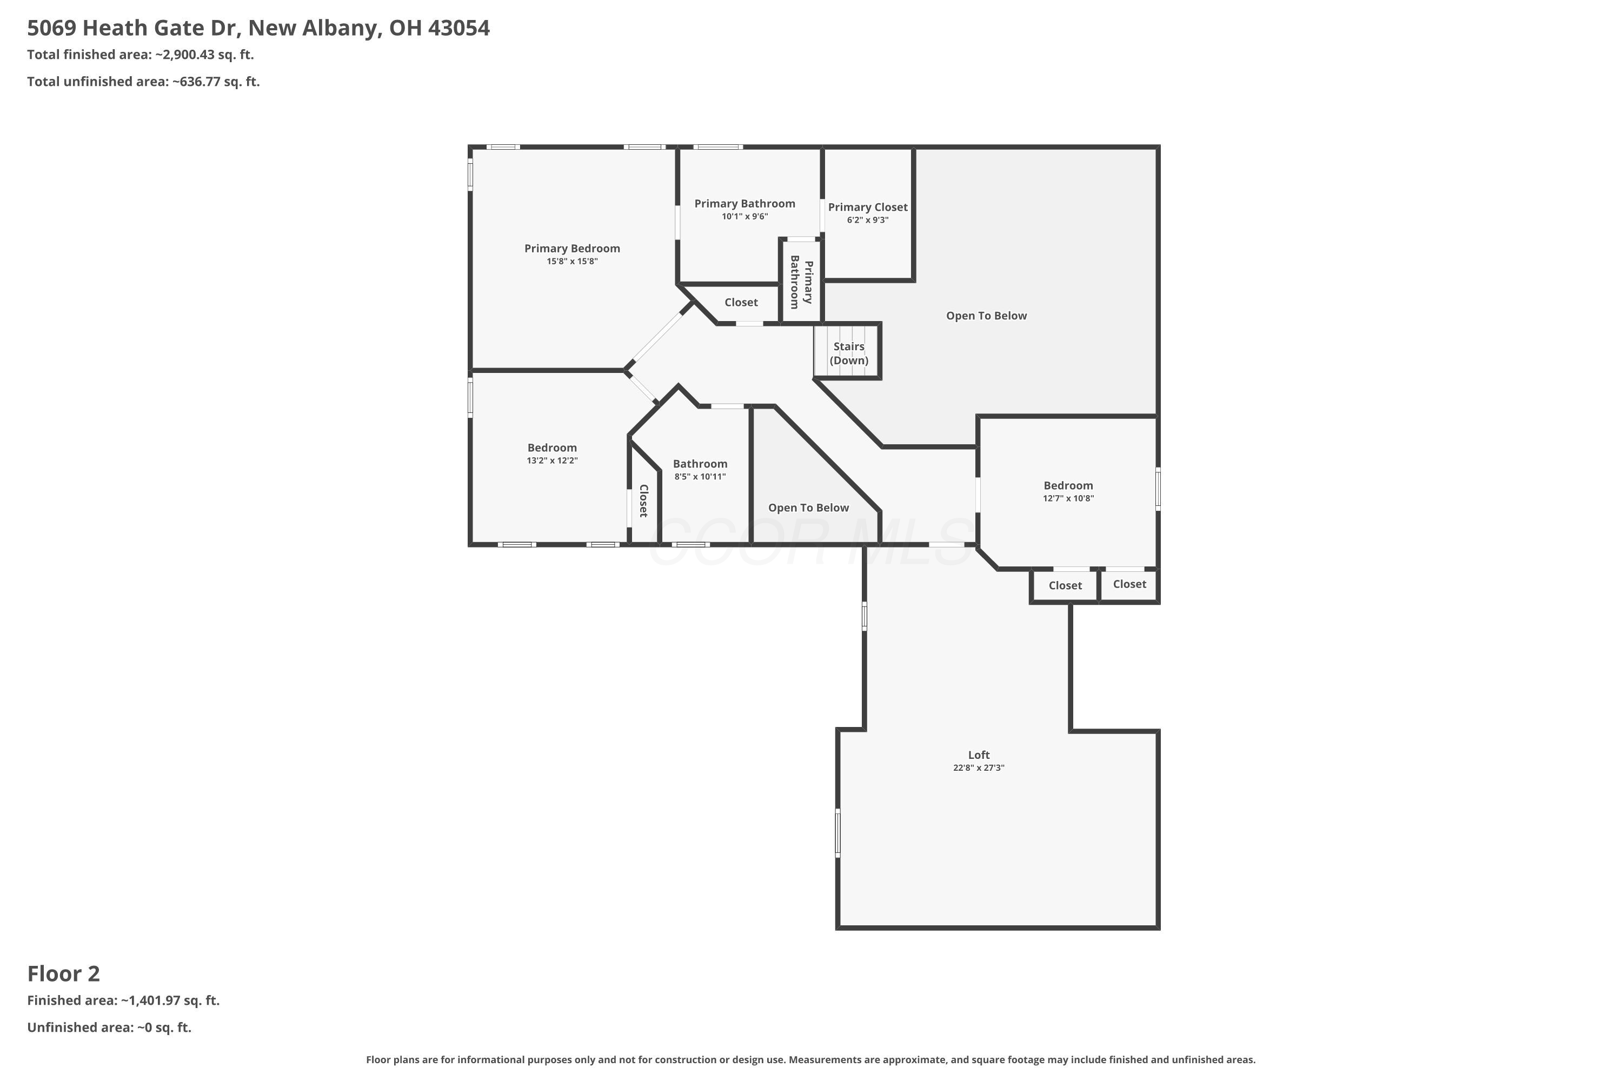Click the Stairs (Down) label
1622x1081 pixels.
pyautogui.click(x=848, y=353)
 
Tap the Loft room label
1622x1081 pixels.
pyautogui.click(x=979, y=755)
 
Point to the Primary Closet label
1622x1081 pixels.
pyautogui.click(x=868, y=208)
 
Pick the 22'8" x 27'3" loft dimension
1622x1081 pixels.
pyautogui.click(x=979, y=768)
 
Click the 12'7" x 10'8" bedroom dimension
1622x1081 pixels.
pyautogui.click(x=1068, y=498)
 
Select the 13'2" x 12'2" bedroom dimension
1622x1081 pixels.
pyautogui.click(x=551, y=461)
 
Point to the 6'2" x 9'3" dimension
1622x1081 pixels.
pyautogui.click(x=868, y=221)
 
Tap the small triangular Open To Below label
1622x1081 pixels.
pyautogui.click(x=808, y=508)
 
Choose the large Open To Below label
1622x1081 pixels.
pyautogui.click(x=986, y=316)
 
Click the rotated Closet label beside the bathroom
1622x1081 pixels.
pyautogui.click(x=643, y=501)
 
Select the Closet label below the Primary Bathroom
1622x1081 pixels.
pyautogui.click(x=741, y=303)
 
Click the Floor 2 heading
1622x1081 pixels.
pyautogui.click(x=63, y=973)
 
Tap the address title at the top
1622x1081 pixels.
pyautogui.click(x=258, y=28)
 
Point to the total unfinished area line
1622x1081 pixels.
pyautogui.click(x=143, y=82)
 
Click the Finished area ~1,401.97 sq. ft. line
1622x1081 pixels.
pyautogui.click(x=123, y=1000)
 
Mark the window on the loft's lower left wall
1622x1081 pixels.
pyautogui.click(x=838, y=833)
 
